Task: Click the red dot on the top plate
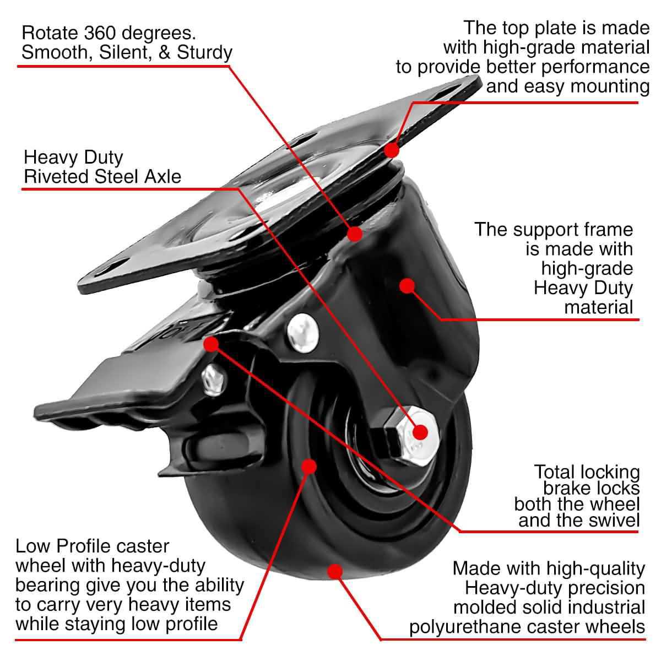coord(392,150)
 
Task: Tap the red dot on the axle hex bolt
coord(420,432)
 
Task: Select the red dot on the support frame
coord(407,285)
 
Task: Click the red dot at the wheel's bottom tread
coord(334,571)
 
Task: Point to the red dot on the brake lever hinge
coord(210,344)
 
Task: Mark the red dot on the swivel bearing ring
coord(355,234)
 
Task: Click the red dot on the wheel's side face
coord(309,467)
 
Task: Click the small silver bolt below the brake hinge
coord(213,380)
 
